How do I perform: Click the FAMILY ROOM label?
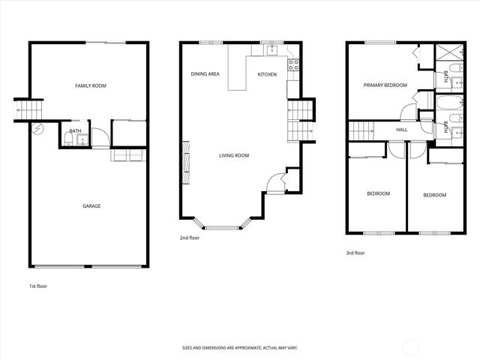91,86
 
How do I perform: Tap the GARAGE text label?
91,205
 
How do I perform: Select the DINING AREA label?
205,74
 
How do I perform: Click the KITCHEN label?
267,74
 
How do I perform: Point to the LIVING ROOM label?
234,155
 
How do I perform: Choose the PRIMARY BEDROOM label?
385,85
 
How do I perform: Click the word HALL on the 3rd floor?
402,130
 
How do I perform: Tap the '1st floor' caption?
38,286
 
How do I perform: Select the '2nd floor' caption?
189,238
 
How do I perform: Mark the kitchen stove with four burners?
294,64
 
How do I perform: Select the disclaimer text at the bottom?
240,348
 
